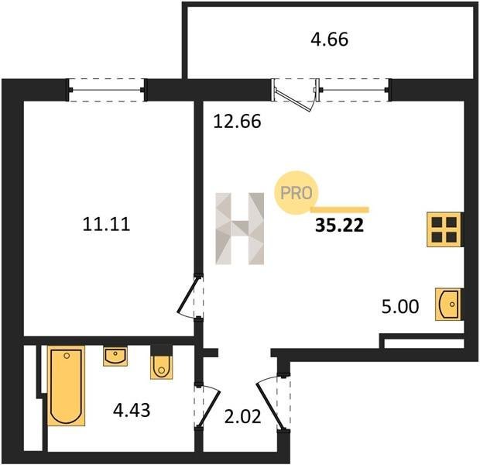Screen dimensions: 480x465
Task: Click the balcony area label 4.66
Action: [x=329, y=40]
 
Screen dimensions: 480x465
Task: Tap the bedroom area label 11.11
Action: [x=107, y=224]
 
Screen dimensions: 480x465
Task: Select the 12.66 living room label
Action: [x=237, y=121]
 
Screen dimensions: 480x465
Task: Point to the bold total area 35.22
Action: [x=340, y=226]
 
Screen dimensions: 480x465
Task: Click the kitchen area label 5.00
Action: [x=400, y=307]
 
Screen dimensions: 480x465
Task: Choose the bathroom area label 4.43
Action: [x=132, y=410]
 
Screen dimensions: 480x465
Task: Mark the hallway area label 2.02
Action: [x=243, y=417]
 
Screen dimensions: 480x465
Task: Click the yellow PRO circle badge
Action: [x=296, y=192]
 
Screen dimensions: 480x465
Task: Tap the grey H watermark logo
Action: [x=240, y=229]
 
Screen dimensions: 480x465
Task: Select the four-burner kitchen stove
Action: [x=444, y=229]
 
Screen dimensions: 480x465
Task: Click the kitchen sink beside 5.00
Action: [x=448, y=305]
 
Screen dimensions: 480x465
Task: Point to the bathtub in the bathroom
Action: [x=66, y=386]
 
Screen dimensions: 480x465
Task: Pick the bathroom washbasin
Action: [x=115, y=356]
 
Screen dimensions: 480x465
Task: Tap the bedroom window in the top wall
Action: [x=107, y=90]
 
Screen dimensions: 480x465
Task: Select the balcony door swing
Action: [x=294, y=95]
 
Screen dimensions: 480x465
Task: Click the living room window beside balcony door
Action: [x=354, y=90]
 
